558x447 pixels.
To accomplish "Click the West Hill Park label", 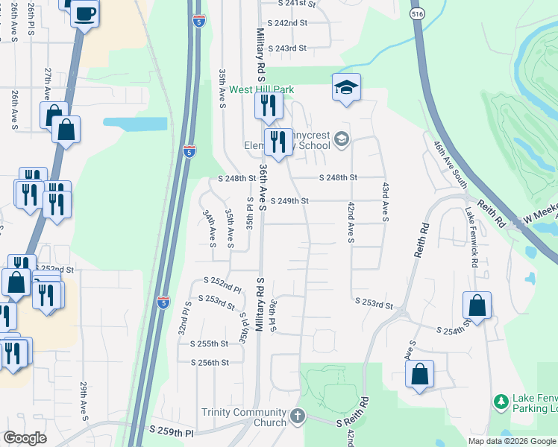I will pos(261,90).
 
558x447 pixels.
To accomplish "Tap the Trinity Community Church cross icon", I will pos(298,416).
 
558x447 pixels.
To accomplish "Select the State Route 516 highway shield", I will pos(416,13).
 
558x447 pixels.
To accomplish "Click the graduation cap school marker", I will pos(346,89).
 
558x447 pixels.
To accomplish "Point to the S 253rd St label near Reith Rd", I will pos(373,304).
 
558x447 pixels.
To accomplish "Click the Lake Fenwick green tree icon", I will pos(501,402).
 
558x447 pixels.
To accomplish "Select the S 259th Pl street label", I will pos(172,431).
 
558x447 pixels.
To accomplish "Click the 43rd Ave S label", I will pos(386,200).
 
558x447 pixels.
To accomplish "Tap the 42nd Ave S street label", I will pos(351,222).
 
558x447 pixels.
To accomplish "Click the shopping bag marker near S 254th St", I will pos(477,306).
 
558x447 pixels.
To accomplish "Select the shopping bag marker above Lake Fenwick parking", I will pos(420,374).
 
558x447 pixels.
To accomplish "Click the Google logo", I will pos(25,438).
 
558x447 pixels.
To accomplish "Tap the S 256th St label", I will pos(210,363).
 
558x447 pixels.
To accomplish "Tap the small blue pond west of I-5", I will pos(135,123).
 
